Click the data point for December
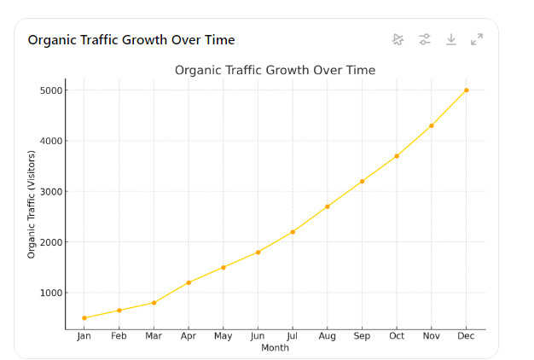pos(466,90)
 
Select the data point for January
pos(84,318)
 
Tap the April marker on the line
pos(189,282)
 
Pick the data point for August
pos(327,206)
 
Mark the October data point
pos(397,156)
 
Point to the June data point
pos(258,253)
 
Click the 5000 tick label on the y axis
pos(52,90)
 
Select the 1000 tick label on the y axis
pos(52,293)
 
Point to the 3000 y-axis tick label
pos(52,192)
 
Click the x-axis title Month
pos(275,348)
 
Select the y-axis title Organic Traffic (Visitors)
pos(32,204)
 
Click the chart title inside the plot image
pos(275,70)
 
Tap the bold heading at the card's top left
pos(131,40)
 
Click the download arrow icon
pos(451,39)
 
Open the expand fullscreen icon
pos(477,39)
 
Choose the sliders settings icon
pos(425,39)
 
